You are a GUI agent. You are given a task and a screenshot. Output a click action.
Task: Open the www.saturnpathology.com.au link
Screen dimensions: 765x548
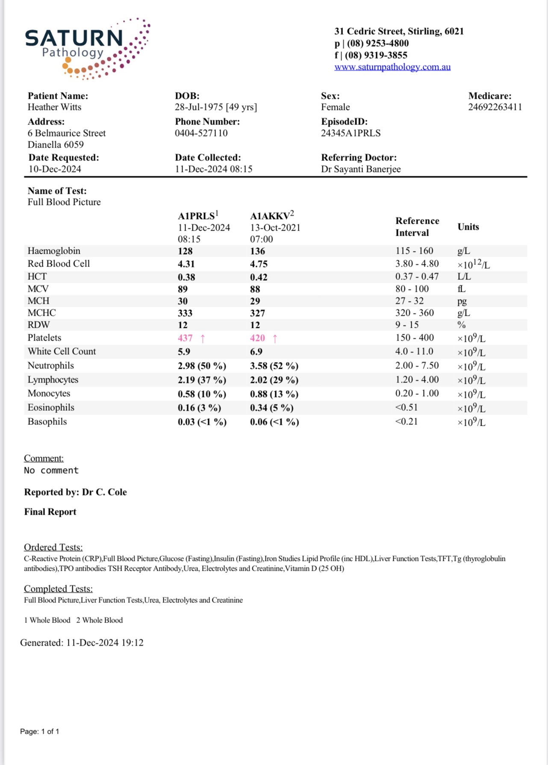(x=392, y=67)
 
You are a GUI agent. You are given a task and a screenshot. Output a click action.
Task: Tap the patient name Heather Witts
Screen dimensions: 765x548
(x=54, y=107)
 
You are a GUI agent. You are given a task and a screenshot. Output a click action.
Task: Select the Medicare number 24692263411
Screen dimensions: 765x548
(x=495, y=107)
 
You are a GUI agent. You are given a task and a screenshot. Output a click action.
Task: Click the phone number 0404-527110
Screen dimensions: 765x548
(x=201, y=133)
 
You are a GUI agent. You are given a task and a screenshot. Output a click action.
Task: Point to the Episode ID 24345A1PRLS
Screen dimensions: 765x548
(x=351, y=133)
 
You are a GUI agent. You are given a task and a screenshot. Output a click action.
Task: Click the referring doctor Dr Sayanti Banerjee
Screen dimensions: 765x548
(x=361, y=169)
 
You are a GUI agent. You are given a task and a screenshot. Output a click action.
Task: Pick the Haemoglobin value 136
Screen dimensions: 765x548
(x=257, y=251)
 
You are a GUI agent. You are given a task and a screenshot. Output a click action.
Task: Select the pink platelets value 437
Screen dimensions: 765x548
(x=185, y=338)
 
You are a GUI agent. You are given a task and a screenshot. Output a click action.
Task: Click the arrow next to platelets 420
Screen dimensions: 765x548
(x=275, y=338)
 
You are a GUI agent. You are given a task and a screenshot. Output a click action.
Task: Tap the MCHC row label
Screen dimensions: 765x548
(x=41, y=313)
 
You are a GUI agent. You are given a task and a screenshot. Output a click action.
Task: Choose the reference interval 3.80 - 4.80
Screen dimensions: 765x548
(x=417, y=264)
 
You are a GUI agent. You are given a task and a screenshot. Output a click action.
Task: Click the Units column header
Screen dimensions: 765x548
(x=468, y=227)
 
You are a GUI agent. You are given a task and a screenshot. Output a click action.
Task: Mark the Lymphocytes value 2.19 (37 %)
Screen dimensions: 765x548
(x=202, y=380)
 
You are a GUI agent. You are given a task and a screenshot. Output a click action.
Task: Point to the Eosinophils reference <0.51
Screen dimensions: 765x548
(x=406, y=407)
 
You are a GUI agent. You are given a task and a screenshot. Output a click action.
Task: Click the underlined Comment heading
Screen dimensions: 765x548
(x=44, y=458)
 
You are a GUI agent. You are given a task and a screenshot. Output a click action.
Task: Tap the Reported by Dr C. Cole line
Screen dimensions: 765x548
(x=75, y=492)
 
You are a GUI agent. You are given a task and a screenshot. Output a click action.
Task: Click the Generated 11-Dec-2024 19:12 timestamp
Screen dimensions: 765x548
(x=82, y=643)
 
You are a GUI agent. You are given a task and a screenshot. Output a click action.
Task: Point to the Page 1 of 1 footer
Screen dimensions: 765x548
(x=39, y=732)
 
